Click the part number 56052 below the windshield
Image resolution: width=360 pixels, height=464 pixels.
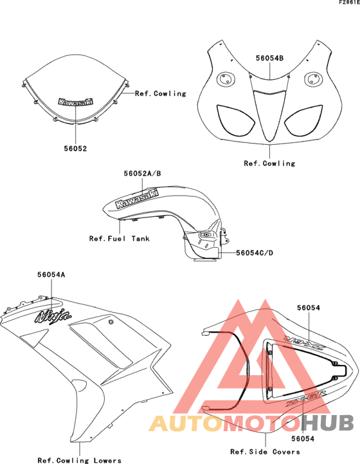coord(76,149)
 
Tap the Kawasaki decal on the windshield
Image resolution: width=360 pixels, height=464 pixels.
coord(76,102)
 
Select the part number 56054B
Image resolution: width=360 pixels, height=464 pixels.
coord(269,59)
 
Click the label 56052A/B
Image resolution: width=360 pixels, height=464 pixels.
coord(143,173)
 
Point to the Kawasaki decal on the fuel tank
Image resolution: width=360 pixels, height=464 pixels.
coord(137,199)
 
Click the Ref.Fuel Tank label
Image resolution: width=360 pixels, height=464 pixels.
coord(120,239)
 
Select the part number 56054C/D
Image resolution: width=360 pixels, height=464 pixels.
coord(255,253)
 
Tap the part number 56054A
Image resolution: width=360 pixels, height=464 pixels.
coord(51,275)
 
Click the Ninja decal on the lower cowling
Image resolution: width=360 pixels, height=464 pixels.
coord(53,317)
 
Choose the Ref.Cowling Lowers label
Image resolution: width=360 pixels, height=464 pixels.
coord(80,460)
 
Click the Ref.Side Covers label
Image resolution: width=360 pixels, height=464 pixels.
coord(265,452)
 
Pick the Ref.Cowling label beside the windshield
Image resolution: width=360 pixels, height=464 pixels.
coord(161,93)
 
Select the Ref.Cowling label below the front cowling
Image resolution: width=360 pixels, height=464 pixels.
coord(269,163)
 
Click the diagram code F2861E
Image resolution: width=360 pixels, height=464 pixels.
coord(349,3)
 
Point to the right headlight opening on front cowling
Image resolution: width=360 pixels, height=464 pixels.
coord(303,120)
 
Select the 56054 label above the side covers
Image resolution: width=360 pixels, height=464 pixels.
coord(309,308)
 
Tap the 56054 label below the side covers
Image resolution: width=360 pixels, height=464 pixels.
coord(303,438)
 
